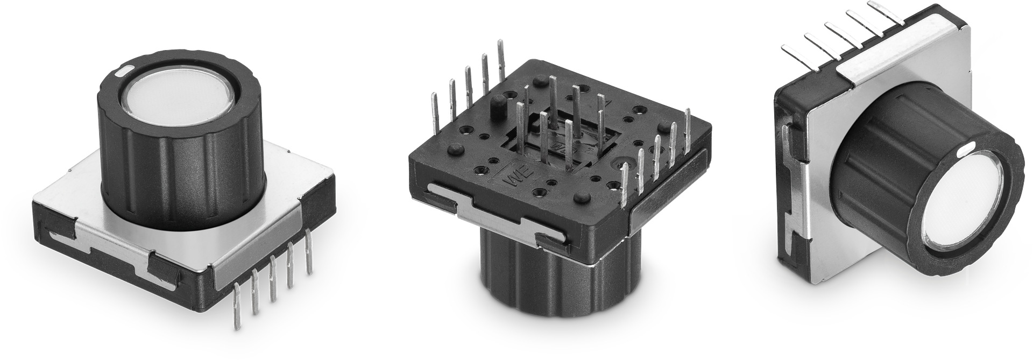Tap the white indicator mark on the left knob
click(122, 70)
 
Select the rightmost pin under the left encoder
click(308, 250)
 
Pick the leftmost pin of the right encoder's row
click(796, 52)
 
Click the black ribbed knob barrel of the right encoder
click(882, 156)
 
